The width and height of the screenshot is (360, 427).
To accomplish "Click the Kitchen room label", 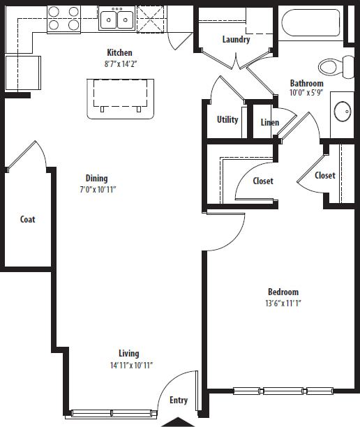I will [x=119, y=52].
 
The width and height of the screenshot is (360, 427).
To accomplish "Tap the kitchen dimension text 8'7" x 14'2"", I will [x=119, y=63].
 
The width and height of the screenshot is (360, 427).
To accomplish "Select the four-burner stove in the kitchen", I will [x=63, y=19].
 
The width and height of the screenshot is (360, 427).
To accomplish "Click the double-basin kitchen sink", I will [x=117, y=19].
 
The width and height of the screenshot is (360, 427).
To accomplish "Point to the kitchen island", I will [x=120, y=97].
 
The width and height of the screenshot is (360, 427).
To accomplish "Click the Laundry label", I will [x=236, y=39].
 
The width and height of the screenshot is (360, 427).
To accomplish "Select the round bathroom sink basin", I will [x=343, y=110].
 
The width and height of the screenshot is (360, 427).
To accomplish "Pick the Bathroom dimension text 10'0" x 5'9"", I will [x=306, y=93].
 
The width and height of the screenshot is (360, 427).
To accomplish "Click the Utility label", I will [x=227, y=119].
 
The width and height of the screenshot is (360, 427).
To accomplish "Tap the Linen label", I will [x=270, y=123].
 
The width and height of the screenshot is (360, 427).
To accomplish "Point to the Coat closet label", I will [x=27, y=219].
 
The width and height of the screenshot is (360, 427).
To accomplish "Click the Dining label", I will [x=97, y=178].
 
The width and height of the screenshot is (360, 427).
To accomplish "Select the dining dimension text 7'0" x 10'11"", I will [x=97, y=189].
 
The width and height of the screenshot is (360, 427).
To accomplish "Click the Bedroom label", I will [x=283, y=292].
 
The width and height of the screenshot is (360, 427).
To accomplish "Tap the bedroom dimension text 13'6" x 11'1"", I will [x=283, y=303].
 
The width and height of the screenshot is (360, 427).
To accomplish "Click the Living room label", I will [x=128, y=353].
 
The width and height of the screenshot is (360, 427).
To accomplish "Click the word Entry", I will [x=179, y=400].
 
